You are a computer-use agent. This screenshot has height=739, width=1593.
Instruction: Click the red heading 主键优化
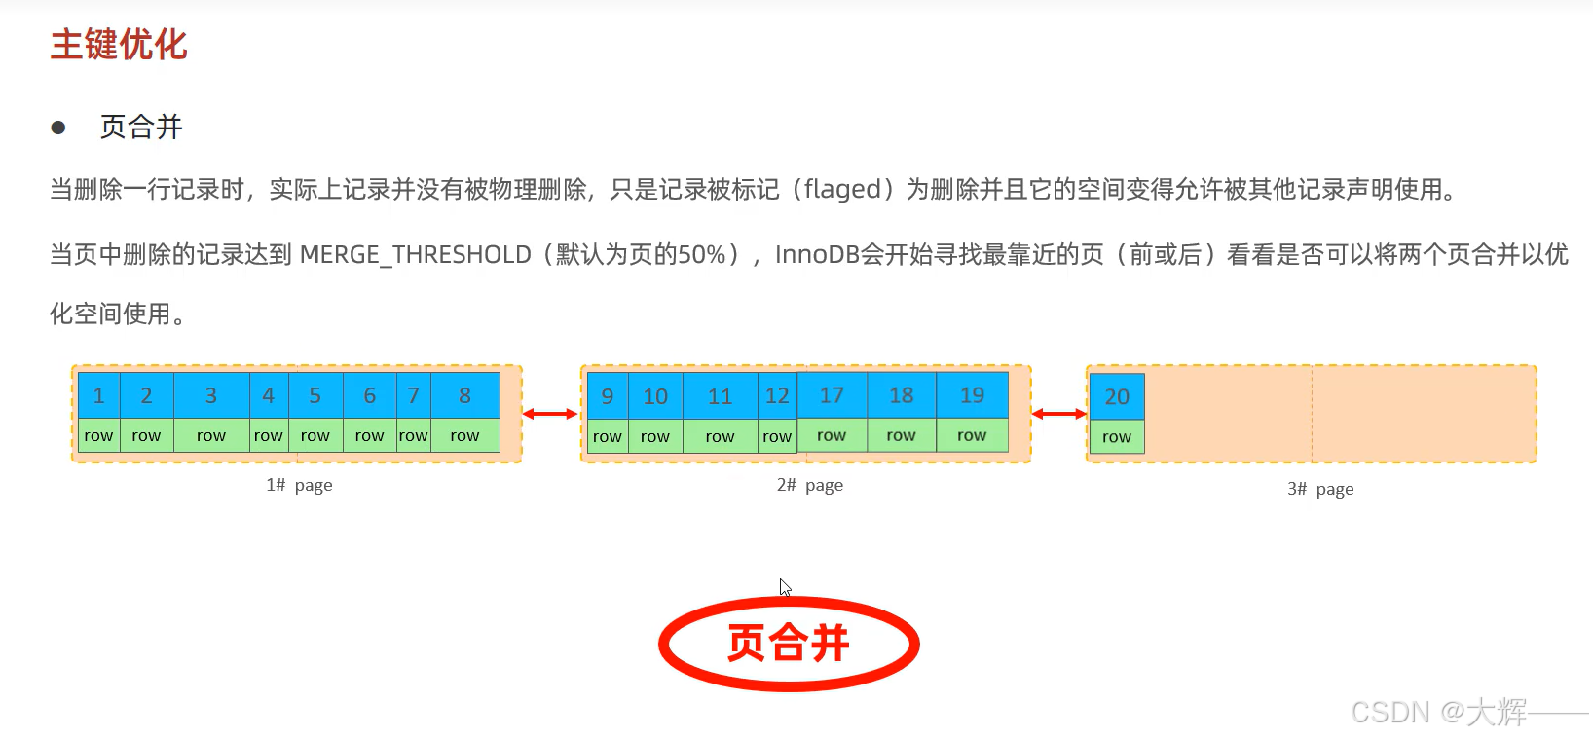click(118, 45)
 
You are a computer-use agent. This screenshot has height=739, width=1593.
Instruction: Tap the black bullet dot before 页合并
click(58, 128)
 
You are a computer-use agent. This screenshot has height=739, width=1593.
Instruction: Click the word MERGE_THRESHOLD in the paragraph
click(415, 255)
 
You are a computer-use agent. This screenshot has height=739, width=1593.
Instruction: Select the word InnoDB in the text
click(817, 255)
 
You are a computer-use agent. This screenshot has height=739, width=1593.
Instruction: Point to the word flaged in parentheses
click(842, 189)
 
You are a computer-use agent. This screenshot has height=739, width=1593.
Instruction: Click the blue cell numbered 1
click(98, 396)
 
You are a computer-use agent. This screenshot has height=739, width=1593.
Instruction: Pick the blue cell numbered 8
click(464, 396)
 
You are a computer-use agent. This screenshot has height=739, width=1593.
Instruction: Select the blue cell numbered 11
click(720, 396)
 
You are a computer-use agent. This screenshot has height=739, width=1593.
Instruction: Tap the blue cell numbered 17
click(832, 395)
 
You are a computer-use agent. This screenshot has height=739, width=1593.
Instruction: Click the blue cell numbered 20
click(1117, 397)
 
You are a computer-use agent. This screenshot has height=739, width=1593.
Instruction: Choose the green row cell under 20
click(1117, 437)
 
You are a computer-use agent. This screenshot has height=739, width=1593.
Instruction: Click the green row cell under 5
click(315, 436)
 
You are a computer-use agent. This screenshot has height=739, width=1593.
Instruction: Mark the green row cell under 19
click(972, 435)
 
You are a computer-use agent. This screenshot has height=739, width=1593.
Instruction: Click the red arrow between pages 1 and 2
click(550, 414)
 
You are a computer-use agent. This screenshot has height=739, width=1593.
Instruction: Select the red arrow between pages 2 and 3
click(1058, 414)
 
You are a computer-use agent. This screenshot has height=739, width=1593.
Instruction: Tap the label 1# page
click(299, 485)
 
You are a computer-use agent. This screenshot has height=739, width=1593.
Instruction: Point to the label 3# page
click(1320, 489)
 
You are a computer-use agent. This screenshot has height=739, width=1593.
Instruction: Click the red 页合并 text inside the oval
click(789, 644)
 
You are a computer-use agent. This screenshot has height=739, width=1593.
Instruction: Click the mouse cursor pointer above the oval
click(785, 587)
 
